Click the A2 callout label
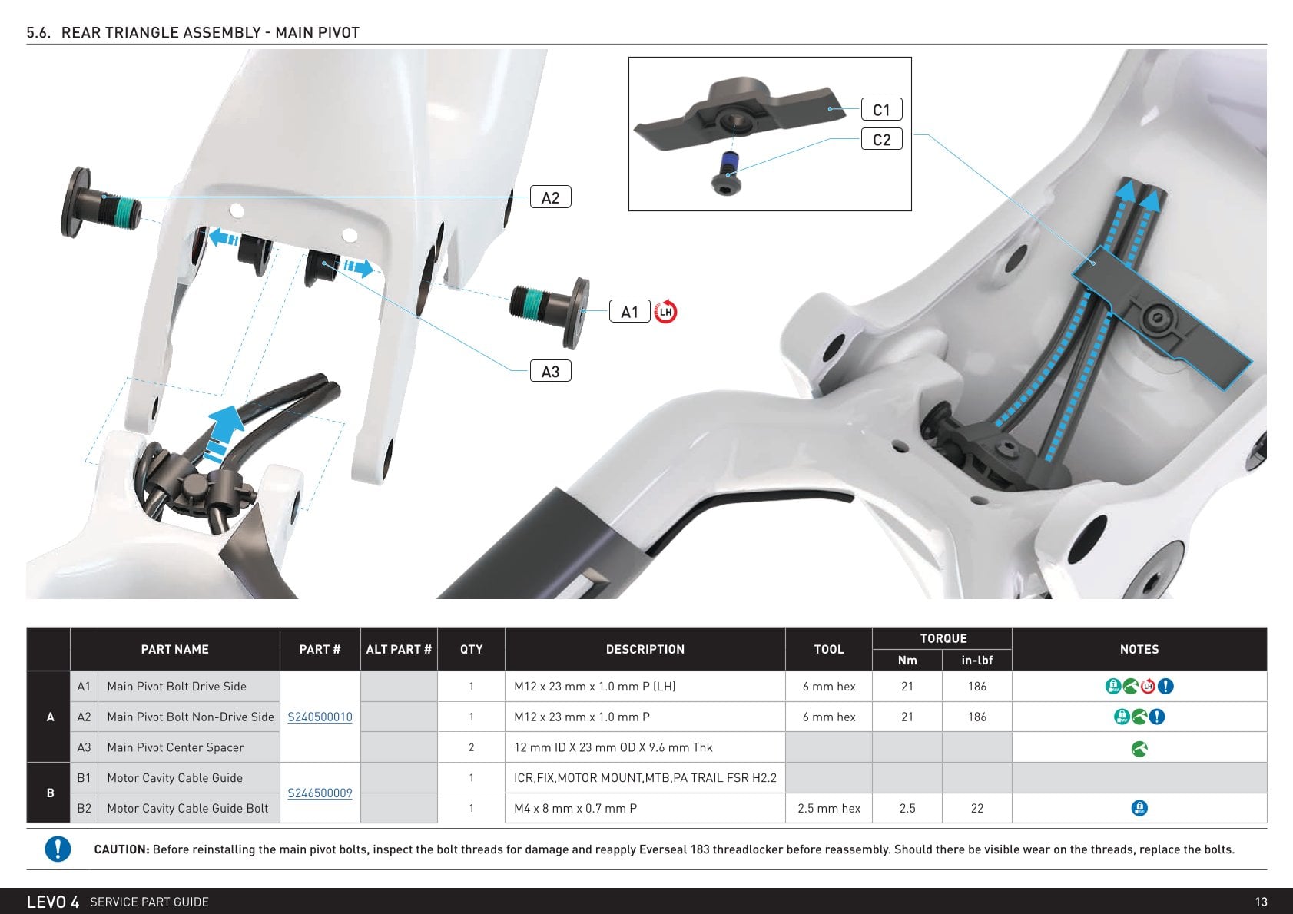[550, 197]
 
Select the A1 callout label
[629, 312]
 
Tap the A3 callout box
[550, 371]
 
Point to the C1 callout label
[881, 110]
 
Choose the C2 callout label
[881, 139]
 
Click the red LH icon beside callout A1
[666, 312]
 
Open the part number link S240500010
[320, 717]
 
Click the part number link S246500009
[320, 793]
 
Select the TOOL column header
[829, 649]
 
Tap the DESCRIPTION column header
[645, 649]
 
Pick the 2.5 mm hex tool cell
[829, 809]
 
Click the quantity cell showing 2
[471, 748]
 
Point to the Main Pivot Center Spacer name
[175, 748]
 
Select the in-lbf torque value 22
[976, 809]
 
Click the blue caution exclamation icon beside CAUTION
[58, 849]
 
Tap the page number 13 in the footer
[1261, 902]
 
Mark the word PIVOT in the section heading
[336, 32]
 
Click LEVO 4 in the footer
[52, 902]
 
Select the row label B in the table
[50, 793]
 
